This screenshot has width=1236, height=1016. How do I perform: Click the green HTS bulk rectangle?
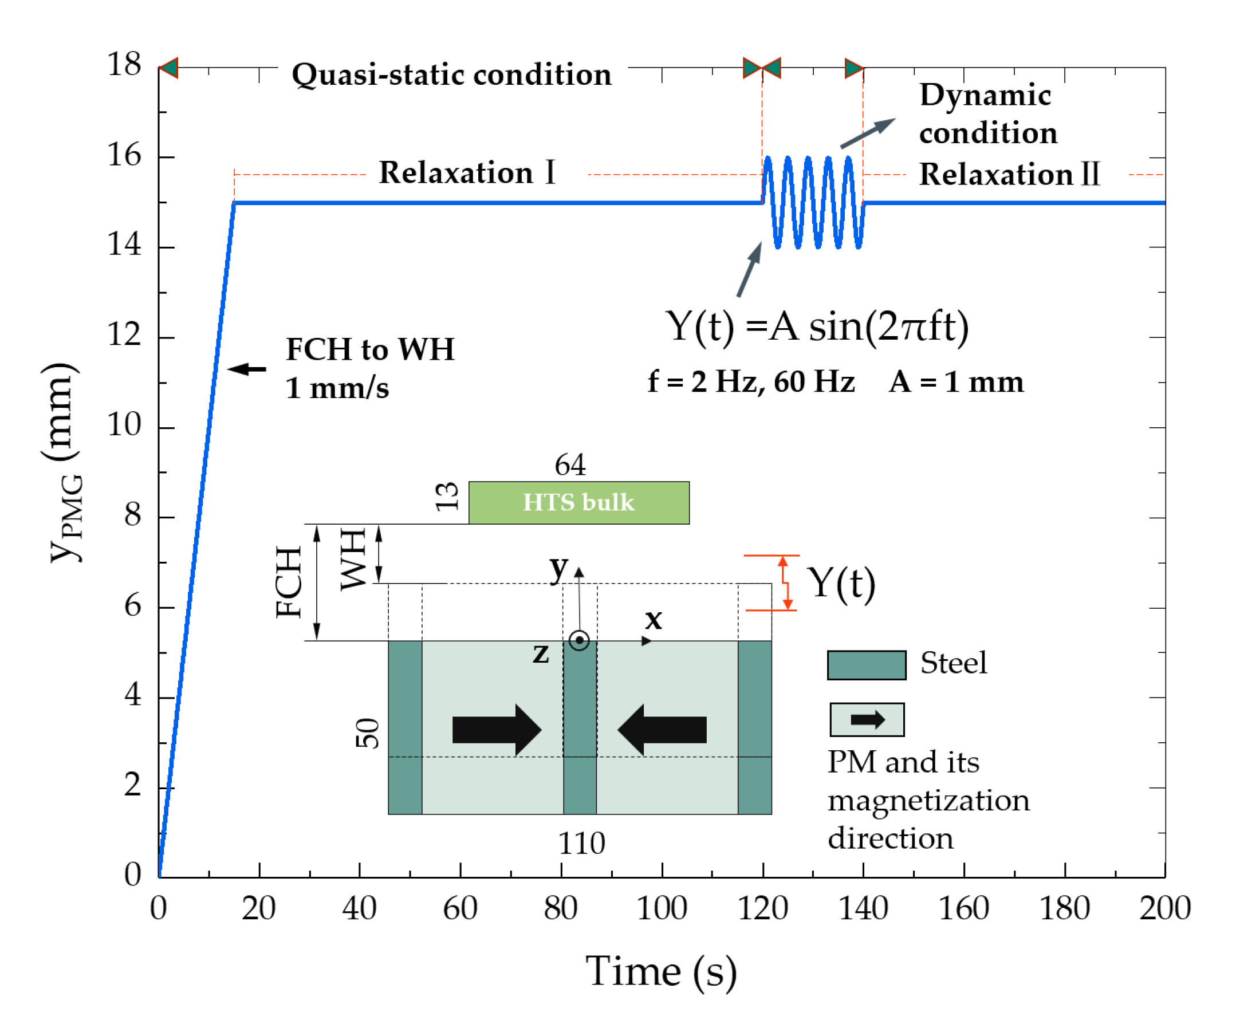click(578, 502)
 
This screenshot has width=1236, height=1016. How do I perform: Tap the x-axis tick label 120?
click(762, 908)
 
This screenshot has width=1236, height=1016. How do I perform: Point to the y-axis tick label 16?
click(124, 156)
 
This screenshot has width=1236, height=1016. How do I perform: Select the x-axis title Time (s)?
click(661, 971)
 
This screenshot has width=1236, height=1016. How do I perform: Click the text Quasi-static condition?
click(451, 75)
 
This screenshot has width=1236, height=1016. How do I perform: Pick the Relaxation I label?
click(466, 172)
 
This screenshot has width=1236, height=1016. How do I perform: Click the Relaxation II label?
click(1009, 175)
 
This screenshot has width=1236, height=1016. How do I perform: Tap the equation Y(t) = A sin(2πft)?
click(816, 326)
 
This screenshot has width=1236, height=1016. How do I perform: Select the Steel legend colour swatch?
click(866, 665)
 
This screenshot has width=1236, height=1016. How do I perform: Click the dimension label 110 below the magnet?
click(581, 844)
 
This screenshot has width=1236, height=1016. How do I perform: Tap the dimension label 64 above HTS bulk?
click(570, 465)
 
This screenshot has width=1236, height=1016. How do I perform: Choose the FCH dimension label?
click(289, 582)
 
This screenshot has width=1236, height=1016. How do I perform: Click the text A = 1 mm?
click(956, 382)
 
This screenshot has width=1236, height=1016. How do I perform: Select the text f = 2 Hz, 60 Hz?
click(751, 382)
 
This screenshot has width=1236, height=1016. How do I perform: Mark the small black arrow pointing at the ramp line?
click(247, 369)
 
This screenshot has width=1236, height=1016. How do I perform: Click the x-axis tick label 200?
click(1164, 908)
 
